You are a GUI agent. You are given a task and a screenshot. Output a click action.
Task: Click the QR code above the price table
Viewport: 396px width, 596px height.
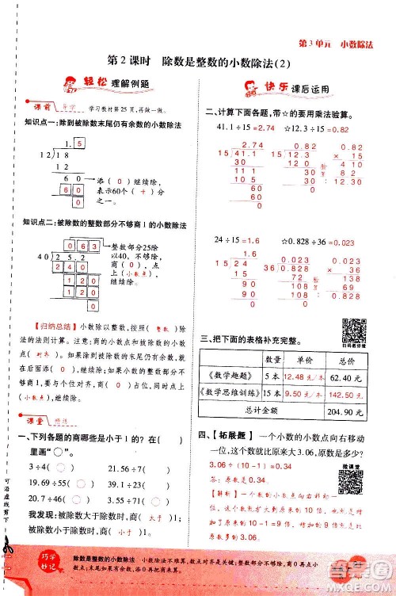tap(352, 328)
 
